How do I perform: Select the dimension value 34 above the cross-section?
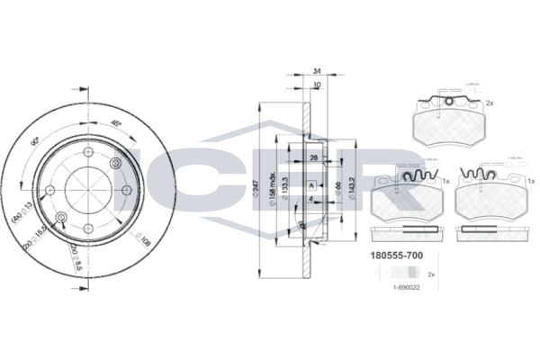[x=316, y=70]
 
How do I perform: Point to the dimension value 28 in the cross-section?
[x=311, y=157]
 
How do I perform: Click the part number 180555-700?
[x=397, y=255]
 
